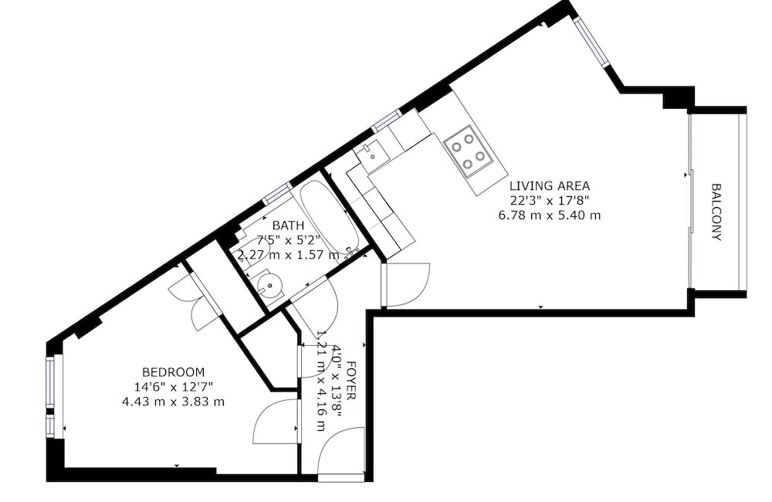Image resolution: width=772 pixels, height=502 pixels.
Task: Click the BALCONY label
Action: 717,212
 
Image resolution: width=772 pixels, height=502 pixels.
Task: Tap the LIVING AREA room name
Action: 550,186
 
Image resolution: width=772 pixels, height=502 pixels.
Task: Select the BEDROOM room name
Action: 173,372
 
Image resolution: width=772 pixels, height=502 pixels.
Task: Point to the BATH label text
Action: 288,226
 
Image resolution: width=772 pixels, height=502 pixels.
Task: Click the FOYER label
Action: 352,380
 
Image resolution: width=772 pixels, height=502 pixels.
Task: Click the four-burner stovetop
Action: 468,151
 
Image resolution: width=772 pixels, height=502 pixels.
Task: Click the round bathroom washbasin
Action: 269,285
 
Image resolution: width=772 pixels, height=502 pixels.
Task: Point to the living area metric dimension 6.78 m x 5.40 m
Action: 550,215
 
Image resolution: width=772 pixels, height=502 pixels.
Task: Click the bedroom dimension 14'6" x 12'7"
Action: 173,387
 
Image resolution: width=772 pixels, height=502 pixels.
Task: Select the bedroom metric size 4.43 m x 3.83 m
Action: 173,402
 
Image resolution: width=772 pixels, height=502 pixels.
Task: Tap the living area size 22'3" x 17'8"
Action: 550,201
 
